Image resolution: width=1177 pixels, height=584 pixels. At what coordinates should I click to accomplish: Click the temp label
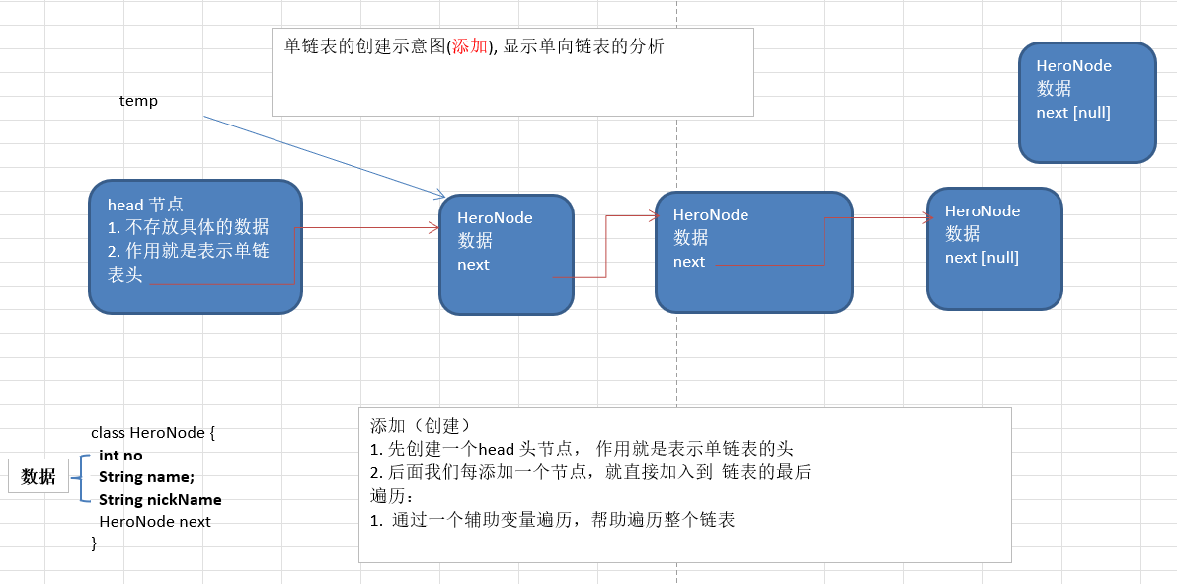[138, 101]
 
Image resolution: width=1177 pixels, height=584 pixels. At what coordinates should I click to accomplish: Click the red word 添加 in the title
[470, 46]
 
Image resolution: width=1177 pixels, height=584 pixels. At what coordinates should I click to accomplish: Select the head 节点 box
[196, 247]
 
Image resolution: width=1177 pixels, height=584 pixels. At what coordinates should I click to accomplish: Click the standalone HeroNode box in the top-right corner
[1087, 102]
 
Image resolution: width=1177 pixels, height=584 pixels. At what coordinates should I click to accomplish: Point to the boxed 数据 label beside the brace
[39, 476]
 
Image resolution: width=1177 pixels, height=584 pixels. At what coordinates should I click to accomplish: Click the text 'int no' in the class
[120, 456]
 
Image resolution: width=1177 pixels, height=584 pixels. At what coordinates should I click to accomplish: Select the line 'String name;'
[146, 477]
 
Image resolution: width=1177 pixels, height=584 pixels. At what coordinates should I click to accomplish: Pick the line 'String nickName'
[160, 499]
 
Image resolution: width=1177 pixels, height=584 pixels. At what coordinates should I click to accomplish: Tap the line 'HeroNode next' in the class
[155, 521]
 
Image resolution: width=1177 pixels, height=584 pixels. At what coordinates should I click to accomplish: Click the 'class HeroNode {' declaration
[153, 433]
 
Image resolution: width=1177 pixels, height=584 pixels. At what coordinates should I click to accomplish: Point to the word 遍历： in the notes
[392, 495]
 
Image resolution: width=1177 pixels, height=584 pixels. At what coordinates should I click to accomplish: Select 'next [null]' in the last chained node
[981, 258]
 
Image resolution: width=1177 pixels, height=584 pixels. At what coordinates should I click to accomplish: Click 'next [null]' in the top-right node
[1073, 113]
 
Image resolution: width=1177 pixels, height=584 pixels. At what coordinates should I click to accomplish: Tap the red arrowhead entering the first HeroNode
[433, 228]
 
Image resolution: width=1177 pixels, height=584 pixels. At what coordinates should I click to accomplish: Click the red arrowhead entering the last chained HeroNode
[927, 218]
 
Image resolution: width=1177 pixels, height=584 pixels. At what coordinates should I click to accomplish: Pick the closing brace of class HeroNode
[94, 542]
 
